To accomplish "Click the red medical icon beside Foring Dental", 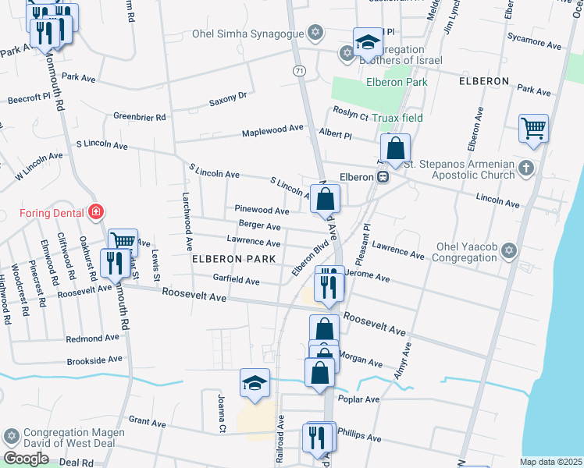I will point(96,211).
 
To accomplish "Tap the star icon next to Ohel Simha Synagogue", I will point(315,33).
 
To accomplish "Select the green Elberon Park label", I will point(397,81).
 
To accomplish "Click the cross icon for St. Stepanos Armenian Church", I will point(527,168).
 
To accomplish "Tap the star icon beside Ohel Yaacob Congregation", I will point(509,250).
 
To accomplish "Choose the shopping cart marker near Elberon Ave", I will point(533,128).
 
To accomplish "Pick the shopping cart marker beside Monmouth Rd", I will point(123,242).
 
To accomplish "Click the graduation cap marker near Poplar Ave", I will point(255,383).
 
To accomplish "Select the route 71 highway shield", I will point(299,70).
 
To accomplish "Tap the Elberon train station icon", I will point(383,177).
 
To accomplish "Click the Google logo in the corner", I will point(26,459).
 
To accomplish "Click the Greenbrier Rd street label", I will point(140,117).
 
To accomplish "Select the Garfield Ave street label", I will point(236,279).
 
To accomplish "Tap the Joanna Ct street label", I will point(222,413).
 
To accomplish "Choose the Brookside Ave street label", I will point(94,360).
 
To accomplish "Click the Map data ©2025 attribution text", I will point(550,462).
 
